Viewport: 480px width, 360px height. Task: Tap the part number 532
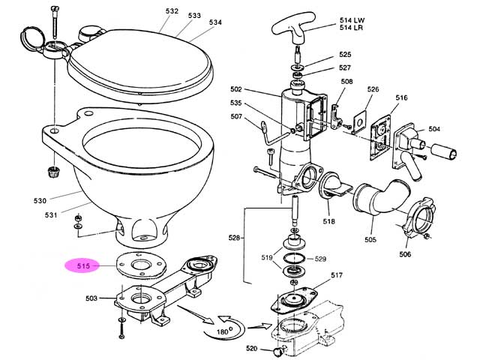[x=172, y=11]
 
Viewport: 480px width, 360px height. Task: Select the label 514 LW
[x=351, y=19]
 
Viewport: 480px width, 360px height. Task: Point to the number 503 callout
[x=91, y=298]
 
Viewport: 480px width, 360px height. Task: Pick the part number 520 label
[x=252, y=348]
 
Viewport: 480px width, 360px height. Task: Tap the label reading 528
[x=235, y=238]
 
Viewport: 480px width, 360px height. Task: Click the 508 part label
[x=347, y=82]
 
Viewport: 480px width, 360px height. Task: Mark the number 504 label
[x=434, y=130]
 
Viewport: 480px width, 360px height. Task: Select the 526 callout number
[x=373, y=90]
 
